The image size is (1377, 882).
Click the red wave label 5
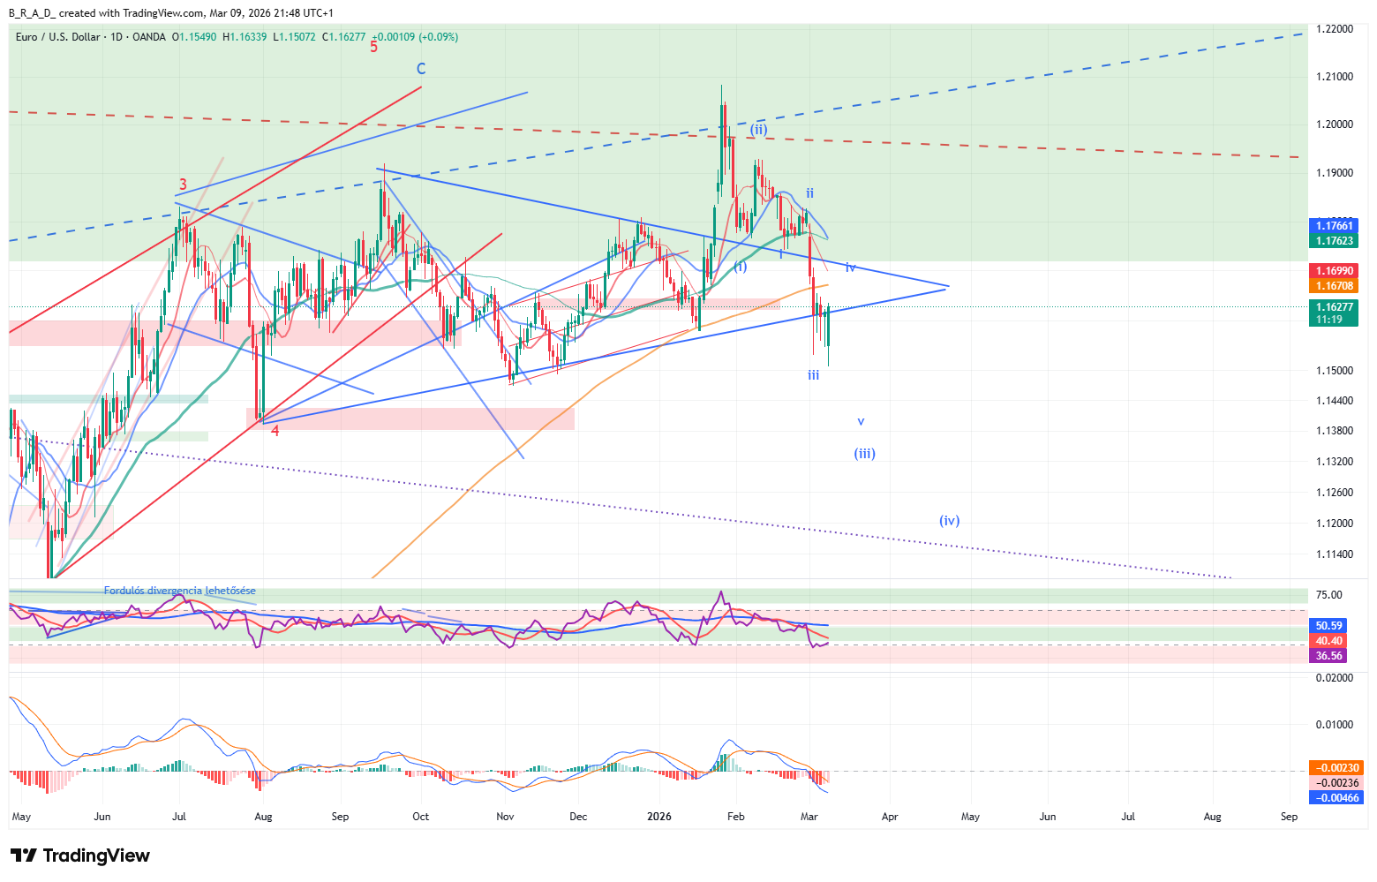tap(373, 48)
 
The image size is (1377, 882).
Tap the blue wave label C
tap(421, 69)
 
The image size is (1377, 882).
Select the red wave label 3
tap(183, 185)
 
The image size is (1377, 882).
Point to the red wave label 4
tap(275, 431)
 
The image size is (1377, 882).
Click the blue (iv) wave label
tap(949, 521)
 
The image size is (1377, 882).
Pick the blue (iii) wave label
tap(864, 454)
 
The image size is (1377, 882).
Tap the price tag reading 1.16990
tap(1335, 271)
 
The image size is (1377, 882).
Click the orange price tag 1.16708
tap(1335, 286)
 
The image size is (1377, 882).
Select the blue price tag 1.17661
tap(1335, 226)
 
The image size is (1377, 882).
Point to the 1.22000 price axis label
tap(1335, 29)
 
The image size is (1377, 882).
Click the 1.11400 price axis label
tap(1335, 554)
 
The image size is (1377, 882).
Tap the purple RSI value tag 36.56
tap(1329, 656)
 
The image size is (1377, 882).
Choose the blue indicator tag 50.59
tap(1329, 626)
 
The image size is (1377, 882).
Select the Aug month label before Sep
tap(263, 817)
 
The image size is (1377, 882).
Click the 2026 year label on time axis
tap(658, 817)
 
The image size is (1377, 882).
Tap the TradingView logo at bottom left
tap(80, 856)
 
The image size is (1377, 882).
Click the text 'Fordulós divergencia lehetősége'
tap(180, 591)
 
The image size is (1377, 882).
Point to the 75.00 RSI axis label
tap(1330, 595)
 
